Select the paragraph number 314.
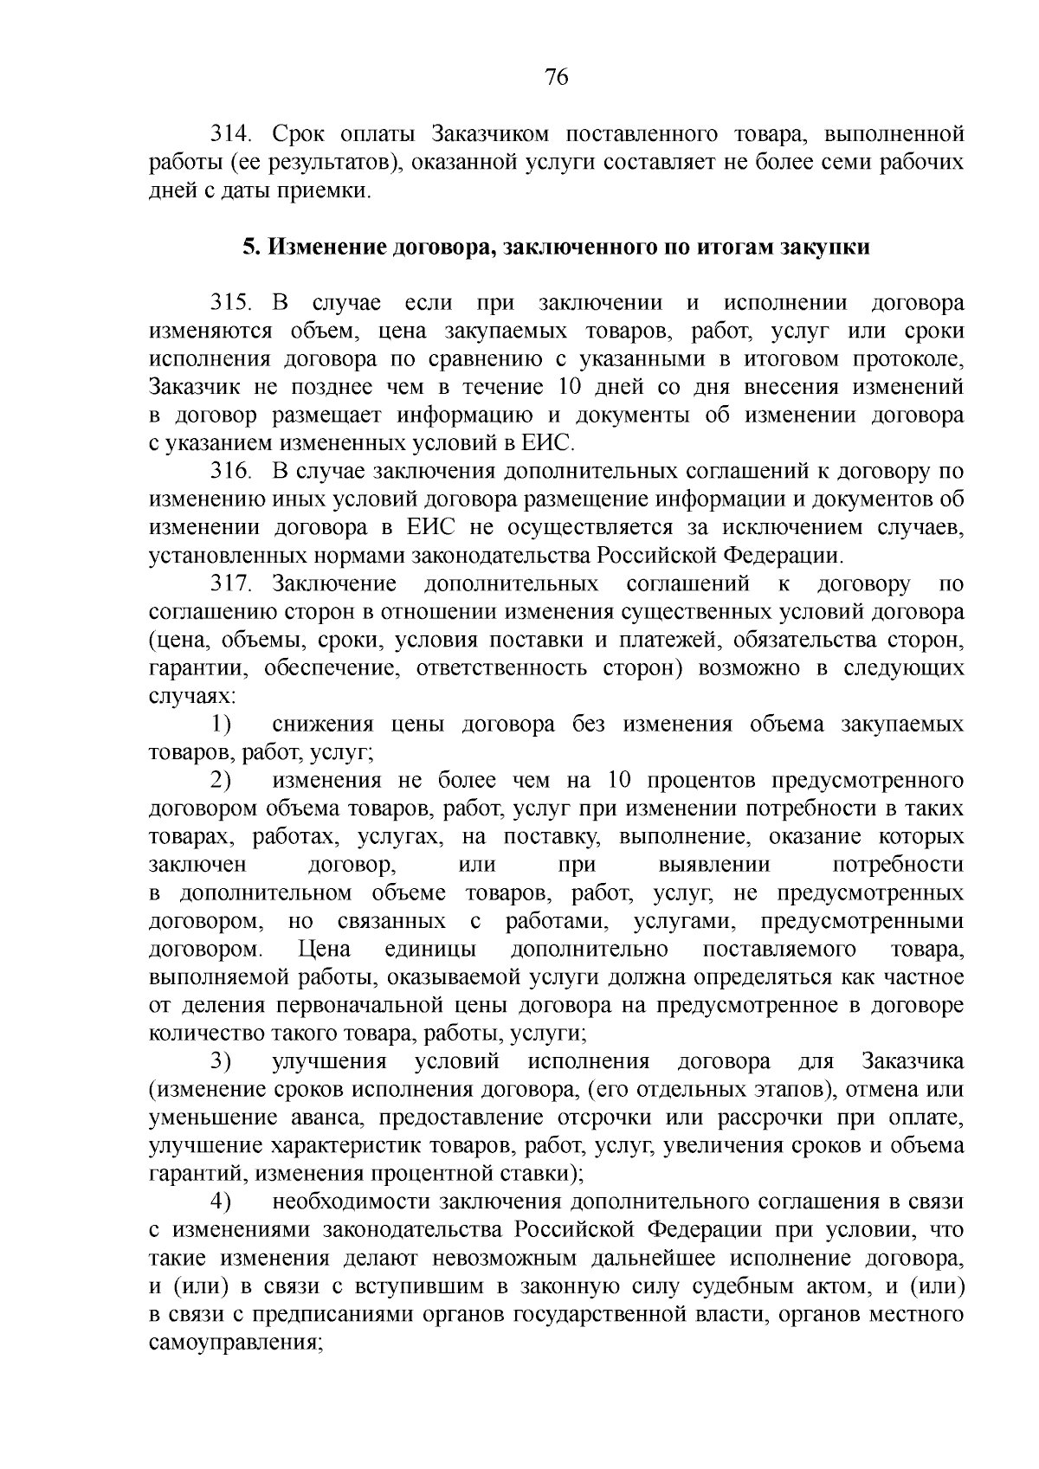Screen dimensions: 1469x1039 click(229, 134)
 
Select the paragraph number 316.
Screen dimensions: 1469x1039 click(229, 472)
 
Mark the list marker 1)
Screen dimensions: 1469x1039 click(221, 725)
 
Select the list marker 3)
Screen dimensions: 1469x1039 click(221, 1061)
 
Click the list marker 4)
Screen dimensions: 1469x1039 click(221, 1202)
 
